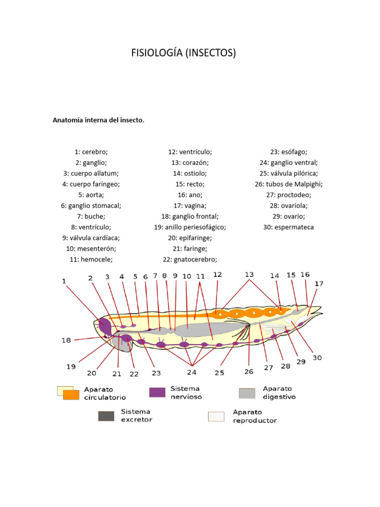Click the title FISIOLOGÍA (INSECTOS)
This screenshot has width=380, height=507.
(183, 53)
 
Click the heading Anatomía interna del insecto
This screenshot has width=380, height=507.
(98, 120)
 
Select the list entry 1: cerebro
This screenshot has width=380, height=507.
(92, 152)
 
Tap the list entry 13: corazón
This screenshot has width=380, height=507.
(190, 163)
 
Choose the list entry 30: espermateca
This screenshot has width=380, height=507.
(289, 227)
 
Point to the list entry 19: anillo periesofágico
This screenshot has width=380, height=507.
(190, 227)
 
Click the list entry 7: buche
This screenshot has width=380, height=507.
(92, 216)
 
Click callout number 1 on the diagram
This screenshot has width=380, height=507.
(64, 281)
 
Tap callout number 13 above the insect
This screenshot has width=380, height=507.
(249, 275)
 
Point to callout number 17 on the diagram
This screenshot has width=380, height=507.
(319, 284)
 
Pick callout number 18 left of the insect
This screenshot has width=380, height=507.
(65, 341)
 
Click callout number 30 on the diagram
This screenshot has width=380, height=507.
(317, 358)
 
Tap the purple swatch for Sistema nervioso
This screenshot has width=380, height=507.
(157, 393)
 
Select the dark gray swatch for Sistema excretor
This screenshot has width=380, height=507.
(105, 416)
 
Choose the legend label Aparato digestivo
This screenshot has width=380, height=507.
(280, 393)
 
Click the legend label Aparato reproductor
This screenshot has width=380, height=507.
(255, 416)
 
